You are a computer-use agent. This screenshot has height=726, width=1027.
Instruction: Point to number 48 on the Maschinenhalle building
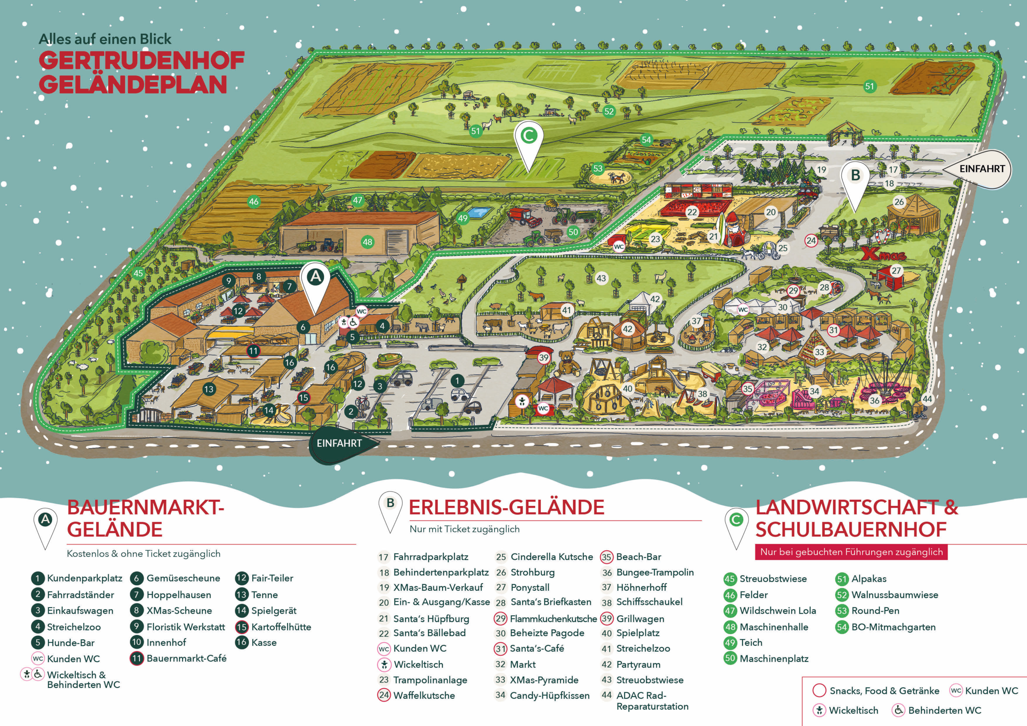tap(367, 242)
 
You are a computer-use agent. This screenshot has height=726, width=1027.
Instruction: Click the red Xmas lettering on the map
tap(883, 255)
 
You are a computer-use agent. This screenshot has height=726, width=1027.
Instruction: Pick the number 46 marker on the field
tap(254, 202)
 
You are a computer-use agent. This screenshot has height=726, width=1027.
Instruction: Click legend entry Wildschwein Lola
tap(777, 610)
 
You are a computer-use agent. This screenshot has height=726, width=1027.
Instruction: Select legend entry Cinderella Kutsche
tap(551, 557)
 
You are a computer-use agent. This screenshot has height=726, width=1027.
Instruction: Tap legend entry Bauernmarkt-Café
tap(186, 658)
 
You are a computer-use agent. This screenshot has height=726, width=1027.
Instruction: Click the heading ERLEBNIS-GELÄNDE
tap(506, 508)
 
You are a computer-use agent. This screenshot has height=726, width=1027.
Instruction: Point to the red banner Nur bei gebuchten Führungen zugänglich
tap(851, 552)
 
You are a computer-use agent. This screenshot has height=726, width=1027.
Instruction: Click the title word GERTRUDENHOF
tap(141, 61)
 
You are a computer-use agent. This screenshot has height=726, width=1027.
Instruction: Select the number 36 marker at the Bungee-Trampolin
tap(875, 401)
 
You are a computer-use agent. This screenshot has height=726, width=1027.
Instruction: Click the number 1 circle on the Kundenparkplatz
tap(457, 381)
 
